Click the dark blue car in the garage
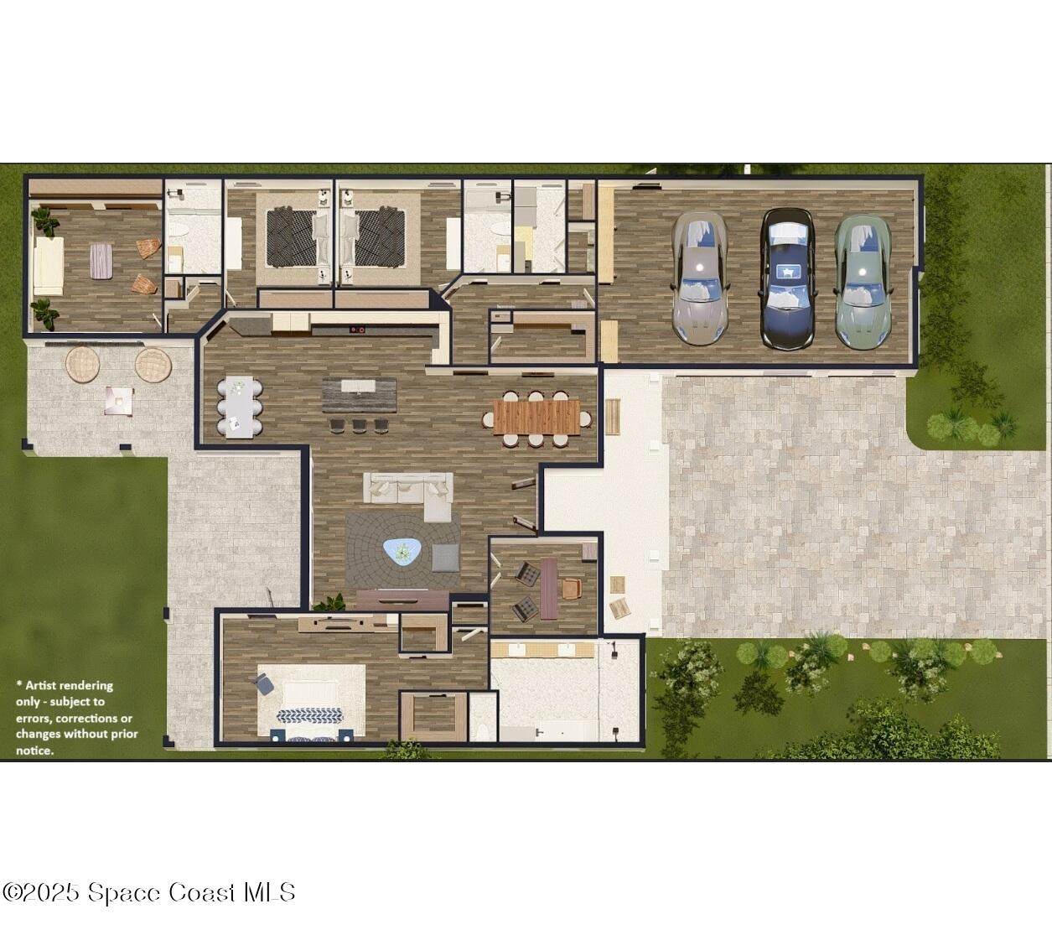pyautogui.click(x=787, y=278)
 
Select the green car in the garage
pyautogui.click(x=863, y=281)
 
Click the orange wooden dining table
pyautogui.click(x=537, y=417)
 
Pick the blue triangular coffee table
pyautogui.click(x=402, y=552)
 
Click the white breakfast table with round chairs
pyautogui.click(x=240, y=408)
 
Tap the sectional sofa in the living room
pyautogui.click(x=408, y=495)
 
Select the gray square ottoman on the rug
pyautogui.click(x=445, y=558)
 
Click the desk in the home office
pyautogui.click(x=549, y=589)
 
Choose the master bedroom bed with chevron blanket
pyautogui.click(x=312, y=702)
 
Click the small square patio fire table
pyautogui.click(x=119, y=401)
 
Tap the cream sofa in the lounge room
pyautogui.click(x=49, y=266)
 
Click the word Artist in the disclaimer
pyautogui.click(x=43, y=685)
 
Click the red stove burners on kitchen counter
pyautogui.click(x=357, y=329)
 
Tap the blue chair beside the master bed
pyautogui.click(x=265, y=683)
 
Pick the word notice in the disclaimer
pyautogui.click(x=34, y=751)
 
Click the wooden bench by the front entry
pyautogui.click(x=613, y=417)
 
